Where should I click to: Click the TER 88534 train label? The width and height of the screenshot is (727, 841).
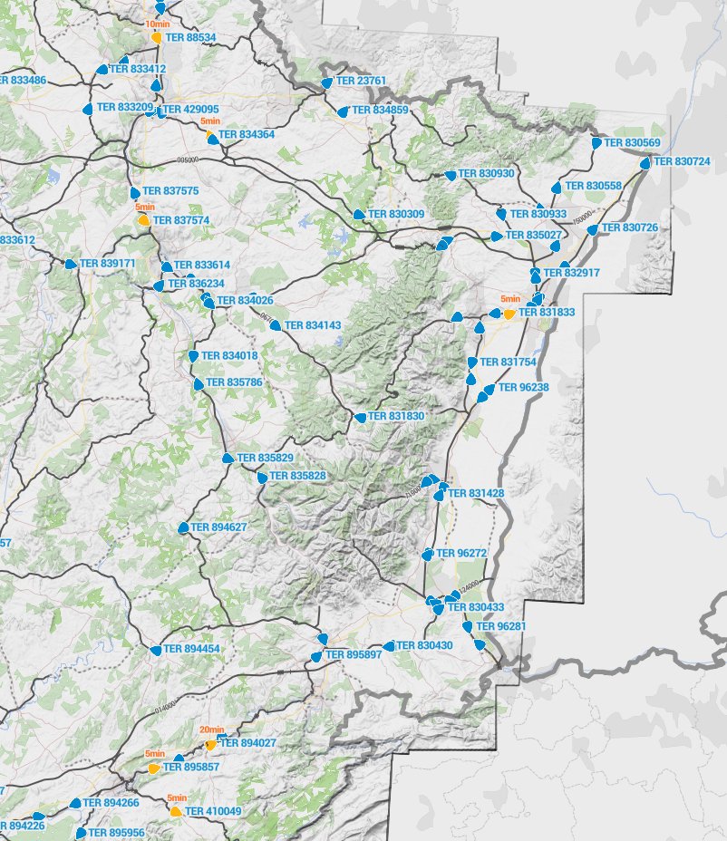[x=189, y=38]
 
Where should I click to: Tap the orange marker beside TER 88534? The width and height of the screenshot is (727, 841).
[x=157, y=38]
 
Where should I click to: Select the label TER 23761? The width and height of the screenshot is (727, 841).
[x=361, y=81]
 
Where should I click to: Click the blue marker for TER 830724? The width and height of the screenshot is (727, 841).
[x=645, y=164]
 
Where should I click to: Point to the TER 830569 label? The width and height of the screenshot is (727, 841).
[x=632, y=142]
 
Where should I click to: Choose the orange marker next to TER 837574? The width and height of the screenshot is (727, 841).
[x=143, y=219]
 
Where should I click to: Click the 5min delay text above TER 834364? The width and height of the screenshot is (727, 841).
[x=210, y=121]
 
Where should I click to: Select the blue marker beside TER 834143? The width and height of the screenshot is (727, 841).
[x=275, y=324]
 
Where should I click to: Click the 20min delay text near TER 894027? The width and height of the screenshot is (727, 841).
[x=211, y=730]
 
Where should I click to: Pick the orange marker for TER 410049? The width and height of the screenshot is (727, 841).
[x=176, y=811]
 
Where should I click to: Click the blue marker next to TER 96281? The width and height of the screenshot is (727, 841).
[x=468, y=626]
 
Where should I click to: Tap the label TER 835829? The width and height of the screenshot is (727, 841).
[x=265, y=458]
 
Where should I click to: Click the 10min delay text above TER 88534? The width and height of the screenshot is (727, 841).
[x=157, y=26]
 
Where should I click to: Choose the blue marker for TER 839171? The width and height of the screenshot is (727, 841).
[x=71, y=264]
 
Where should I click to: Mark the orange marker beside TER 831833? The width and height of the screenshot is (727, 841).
[x=510, y=313]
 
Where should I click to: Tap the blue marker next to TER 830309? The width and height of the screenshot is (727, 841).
[x=359, y=215]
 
